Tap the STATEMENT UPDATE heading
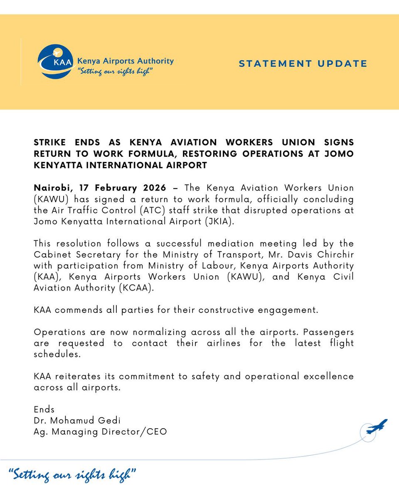point(303,63)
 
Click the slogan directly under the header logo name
point(113,72)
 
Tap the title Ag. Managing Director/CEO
point(100,432)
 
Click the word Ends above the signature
point(44,410)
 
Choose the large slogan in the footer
point(72,475)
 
